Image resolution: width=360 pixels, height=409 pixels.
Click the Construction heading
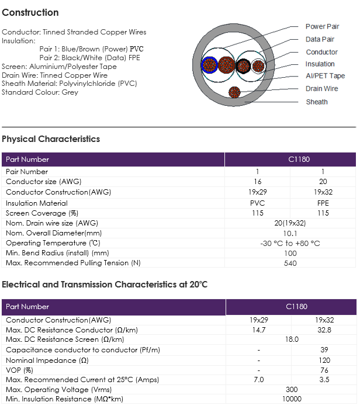click(30, 12)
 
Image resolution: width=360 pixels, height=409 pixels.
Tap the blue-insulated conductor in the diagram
click(209, 65)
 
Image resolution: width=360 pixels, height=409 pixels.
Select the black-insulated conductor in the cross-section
click(243, 65)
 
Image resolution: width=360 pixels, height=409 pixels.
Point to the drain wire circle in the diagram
click(234, 92)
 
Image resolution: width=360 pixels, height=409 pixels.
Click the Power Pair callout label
click(322, 27)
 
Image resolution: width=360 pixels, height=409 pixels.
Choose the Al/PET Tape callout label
click(326, 76)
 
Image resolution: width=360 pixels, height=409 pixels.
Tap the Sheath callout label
click(317, 102)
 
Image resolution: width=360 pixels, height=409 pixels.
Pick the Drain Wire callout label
click(321, 89)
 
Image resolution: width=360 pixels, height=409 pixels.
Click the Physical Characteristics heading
click(51, 139)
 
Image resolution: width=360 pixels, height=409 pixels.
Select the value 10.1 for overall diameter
click(290, 233)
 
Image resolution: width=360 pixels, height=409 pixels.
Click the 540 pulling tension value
click(290, 263)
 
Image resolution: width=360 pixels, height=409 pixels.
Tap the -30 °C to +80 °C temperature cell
click(290, 244)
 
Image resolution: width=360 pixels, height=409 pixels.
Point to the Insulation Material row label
click(36, 203)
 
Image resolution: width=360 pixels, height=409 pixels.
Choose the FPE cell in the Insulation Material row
click(323, 203)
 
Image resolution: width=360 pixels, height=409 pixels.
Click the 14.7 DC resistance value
click(258, 330)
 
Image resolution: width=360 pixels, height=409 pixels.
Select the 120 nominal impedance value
click(324, 361)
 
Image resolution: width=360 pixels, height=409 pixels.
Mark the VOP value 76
click(324, 370)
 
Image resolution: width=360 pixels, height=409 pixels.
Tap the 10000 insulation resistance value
click(292, 399)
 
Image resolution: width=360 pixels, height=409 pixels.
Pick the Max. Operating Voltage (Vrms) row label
click(58, 390)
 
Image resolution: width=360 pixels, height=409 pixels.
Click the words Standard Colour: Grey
click(40, 92)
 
